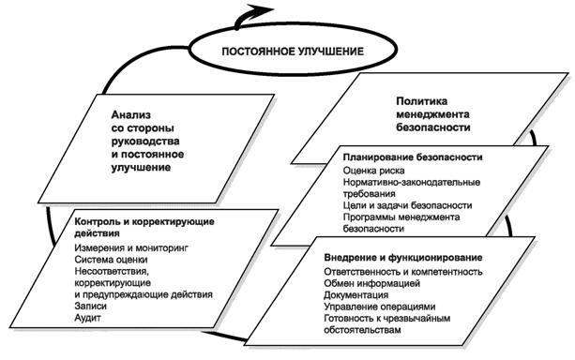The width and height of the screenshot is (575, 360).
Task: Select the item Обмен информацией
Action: (370, 283)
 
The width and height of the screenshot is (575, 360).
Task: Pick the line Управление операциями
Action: (379, 307)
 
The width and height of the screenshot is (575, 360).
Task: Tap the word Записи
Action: (90, 306)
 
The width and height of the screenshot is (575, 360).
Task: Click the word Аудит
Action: (86, 318)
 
